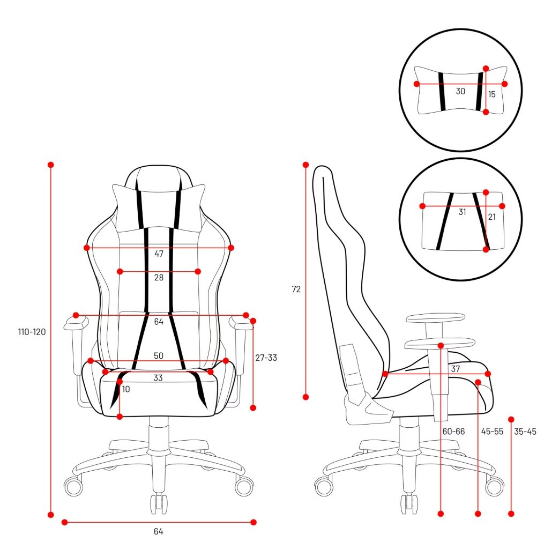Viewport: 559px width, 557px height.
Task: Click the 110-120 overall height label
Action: (x=32, y=332)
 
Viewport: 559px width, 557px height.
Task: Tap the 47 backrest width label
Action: (x=159, y=254)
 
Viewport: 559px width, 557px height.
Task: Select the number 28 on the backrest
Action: (x=159, y=278)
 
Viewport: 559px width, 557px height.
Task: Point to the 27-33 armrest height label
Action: (x=266, y=358)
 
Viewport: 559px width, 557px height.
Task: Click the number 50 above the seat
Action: (x=159, y=356)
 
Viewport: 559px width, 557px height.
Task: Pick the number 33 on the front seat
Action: (x=158, y=378)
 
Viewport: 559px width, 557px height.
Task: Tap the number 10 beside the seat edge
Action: (x=126, y=389)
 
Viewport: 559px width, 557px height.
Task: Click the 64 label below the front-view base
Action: (x=158, y=532)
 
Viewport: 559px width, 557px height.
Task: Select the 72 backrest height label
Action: (x=296, y=289)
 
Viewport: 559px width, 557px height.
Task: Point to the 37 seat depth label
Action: (x=456, y=369)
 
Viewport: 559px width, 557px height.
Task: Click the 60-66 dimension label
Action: (x=453, y=432)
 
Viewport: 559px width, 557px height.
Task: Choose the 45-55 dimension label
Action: (x=493, y=432)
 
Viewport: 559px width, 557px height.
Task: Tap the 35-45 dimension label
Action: (x=525, y=432)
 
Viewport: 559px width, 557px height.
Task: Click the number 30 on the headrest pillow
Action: (x=460, y=92)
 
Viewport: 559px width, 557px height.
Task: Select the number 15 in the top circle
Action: (x=492, y=94)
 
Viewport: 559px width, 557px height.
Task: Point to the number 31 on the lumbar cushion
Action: (x=463, y=212)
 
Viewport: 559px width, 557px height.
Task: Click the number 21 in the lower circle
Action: (x=492, y=217)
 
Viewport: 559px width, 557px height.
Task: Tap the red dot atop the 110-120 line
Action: (x=51, y=165)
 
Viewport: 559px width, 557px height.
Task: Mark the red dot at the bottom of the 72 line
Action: (x=305, y=397)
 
